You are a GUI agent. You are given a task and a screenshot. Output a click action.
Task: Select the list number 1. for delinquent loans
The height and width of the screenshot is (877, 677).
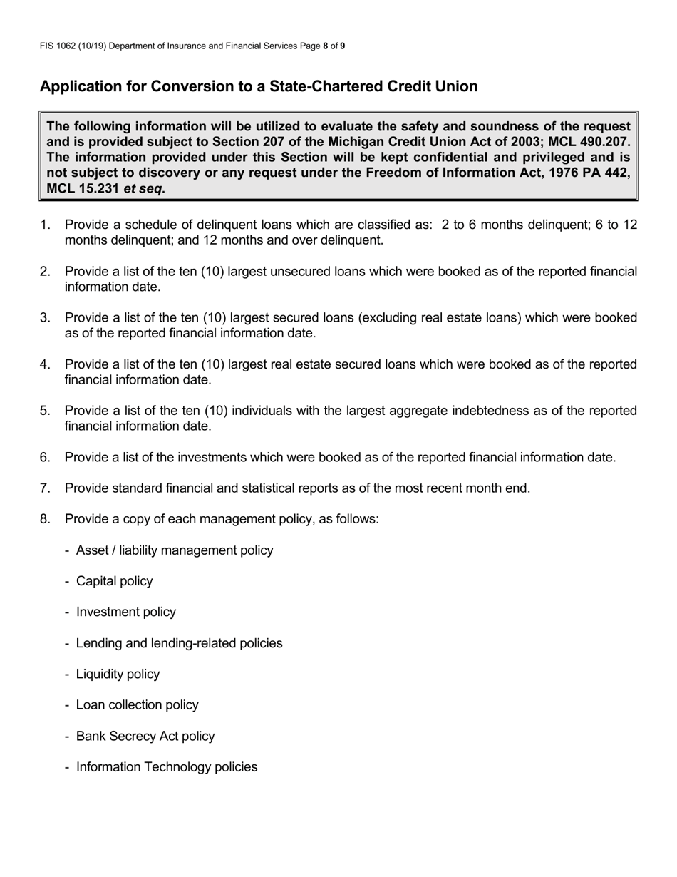click(45, 225)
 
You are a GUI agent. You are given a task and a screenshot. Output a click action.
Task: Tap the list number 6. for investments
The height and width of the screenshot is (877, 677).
click(45, 457)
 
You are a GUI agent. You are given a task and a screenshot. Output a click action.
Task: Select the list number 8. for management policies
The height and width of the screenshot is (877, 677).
click(45, 519)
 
